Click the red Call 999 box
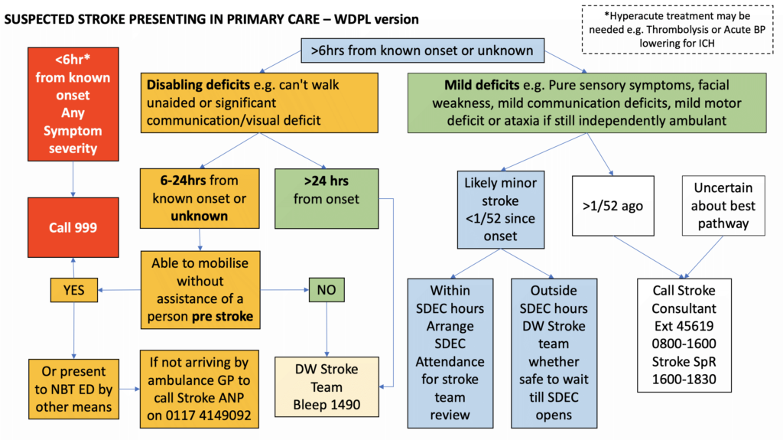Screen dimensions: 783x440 pyautogui.click(x=73, y=227)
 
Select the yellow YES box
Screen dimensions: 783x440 pyautogui.click(x=74, y=290)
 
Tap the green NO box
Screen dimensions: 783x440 pyautogui.click(x=327, y=289)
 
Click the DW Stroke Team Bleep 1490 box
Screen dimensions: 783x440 pyautogui.click(x=327, y=387)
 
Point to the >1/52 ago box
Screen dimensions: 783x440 pyautogui.click(x=612, y=206)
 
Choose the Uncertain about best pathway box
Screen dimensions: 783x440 pyautogui.click(x=723, y=206)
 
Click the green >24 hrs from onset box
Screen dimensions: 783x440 pyautogui.click(x=327, y=198)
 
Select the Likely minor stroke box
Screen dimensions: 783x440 pyautogui.click(x=500, y=210)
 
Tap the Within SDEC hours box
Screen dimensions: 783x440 pyautogui.click(x=450, y=353)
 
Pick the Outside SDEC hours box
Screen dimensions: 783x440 pyautogui.click(x=554, y=353)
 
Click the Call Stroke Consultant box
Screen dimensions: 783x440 pyautogui.click(x=684, y=335)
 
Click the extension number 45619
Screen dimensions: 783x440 pyautogui.click(x=695, y=326)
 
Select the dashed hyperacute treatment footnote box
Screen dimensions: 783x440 pyautogui.click(x=677, y=30)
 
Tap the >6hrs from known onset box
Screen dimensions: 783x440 pyautogui.click(x=422, y=51)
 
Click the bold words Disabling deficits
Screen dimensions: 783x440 pyautogui.click(x=198, y=84)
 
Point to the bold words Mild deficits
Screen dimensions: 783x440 pyautogui.click(x=482, y=85)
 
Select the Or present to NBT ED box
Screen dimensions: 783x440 pyautogui.click(x=73, y=389)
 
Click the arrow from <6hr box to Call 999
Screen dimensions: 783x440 pyautogui.click(x=73, y=179)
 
